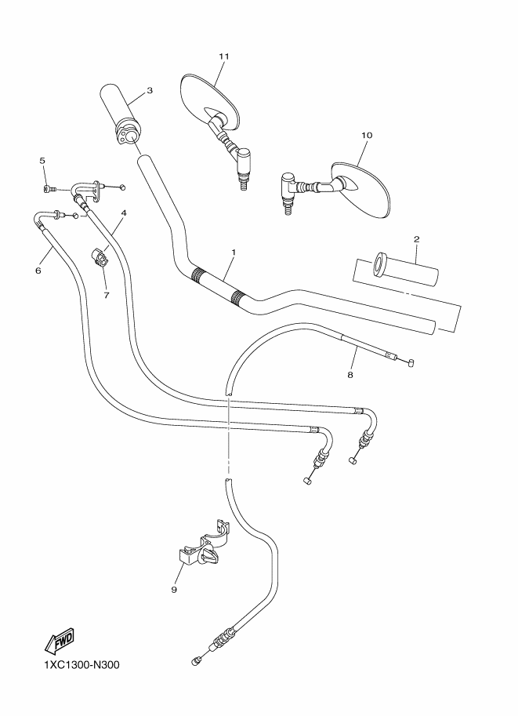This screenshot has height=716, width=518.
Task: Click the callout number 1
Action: click(233, 253)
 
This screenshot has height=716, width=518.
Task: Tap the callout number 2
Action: click(417, 238)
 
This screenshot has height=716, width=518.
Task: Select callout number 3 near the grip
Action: click(149, 90)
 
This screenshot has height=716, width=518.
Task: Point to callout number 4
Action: click(124, 213)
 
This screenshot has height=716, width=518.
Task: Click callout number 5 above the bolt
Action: click(43, 160)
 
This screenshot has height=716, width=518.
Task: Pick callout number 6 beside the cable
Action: click(38, 271)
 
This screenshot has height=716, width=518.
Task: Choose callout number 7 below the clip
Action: click(107, 295)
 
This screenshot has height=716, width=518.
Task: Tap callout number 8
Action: click(350, 375)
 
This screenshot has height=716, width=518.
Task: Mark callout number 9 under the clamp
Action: click(175, 589)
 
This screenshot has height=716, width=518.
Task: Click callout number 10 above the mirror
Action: click(366, 135)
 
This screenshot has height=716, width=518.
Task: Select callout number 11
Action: click(223, 56)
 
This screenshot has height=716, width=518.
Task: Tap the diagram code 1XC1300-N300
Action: click(76, 666)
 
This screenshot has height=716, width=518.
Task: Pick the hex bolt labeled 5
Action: click(49, 189)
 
